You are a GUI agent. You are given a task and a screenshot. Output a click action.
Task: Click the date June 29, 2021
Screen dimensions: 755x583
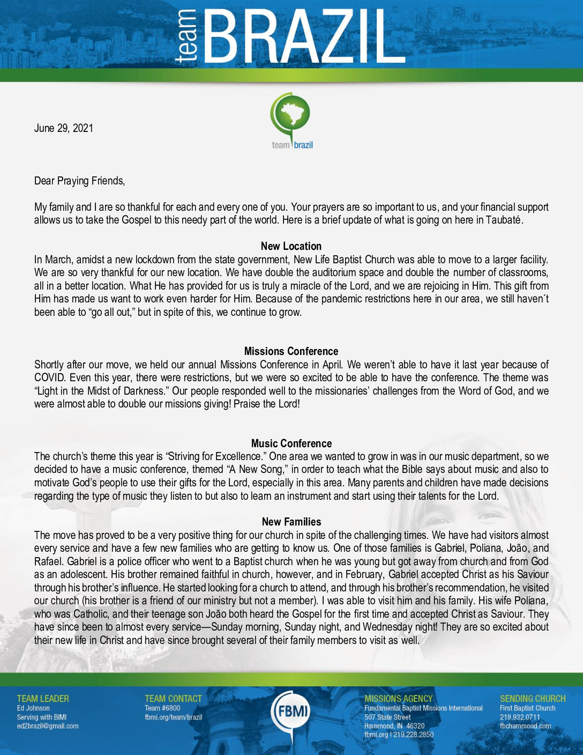click(63, 128)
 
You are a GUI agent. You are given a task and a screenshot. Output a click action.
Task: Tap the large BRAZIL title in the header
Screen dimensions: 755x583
click(304, 38)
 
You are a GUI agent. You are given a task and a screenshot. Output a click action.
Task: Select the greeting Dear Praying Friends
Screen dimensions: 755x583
click(79, 181)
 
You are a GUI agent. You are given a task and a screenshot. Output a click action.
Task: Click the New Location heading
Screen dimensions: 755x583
click(291, 246)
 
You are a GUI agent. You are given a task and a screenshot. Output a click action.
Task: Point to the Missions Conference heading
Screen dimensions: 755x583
click(291, 351)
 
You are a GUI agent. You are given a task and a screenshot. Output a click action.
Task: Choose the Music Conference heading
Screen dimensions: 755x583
click(291, 443)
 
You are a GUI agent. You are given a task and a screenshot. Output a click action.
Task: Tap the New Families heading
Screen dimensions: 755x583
click(291, 522)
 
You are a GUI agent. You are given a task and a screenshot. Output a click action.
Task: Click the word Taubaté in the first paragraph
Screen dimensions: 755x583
click(504, 220)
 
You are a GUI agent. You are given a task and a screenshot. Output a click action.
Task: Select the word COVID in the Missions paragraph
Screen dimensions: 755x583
click(50, 377)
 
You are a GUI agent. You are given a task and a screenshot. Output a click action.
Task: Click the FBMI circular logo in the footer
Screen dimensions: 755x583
click(291, 712)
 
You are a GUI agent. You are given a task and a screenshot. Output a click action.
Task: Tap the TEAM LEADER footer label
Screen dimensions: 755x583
click(43, 699)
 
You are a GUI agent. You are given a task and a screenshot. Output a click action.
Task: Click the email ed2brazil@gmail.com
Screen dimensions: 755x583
click(48, 726)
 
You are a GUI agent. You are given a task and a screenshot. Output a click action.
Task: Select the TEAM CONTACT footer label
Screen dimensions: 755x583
click(173, 699)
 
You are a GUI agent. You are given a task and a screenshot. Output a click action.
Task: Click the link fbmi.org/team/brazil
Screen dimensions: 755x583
click(173, 717)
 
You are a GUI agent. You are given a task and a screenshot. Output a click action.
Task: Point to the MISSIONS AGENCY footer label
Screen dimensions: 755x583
click(398, 699)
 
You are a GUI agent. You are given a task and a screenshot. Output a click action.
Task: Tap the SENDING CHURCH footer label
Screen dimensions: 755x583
click(533, 699)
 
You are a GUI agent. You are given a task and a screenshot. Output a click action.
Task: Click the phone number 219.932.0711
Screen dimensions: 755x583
click(520, 717)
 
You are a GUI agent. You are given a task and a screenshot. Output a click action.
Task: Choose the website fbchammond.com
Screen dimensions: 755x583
click(525, 726)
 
